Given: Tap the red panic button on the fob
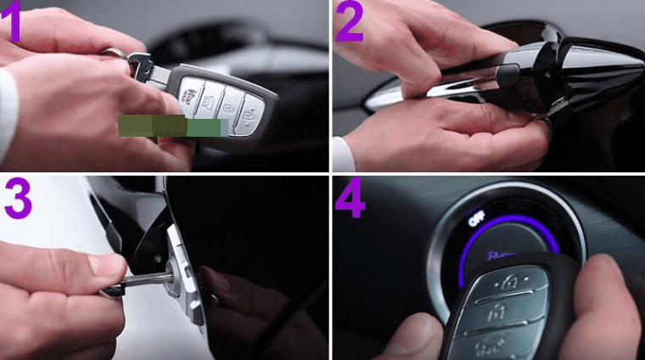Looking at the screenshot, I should click(x=194, y=86).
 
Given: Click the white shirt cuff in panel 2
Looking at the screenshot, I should click(x=342, y=153).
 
